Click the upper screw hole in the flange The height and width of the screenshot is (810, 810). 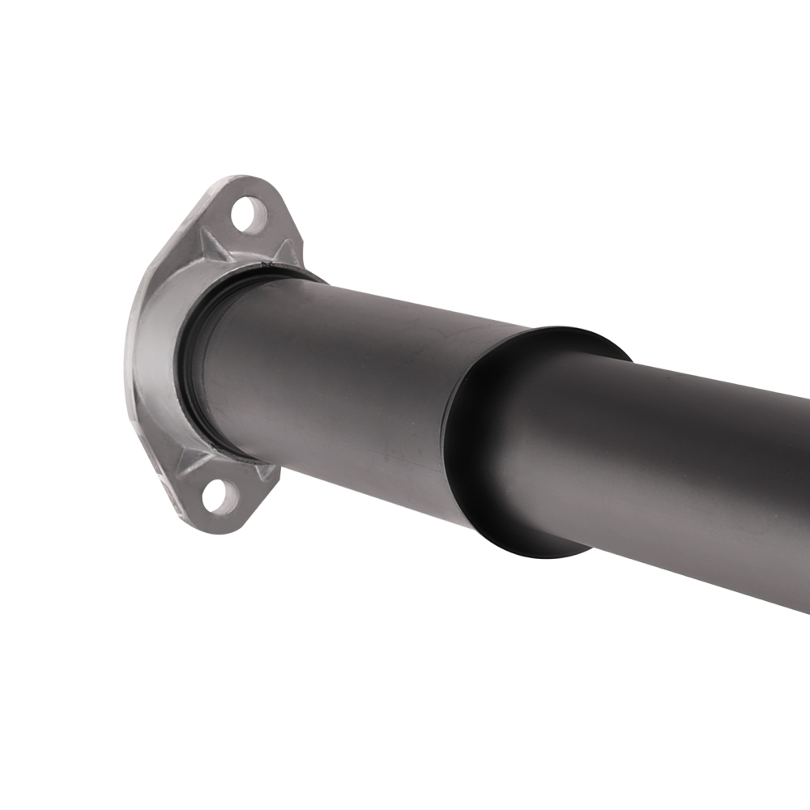tap(249, 215)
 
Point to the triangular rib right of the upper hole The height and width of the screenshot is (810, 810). tap(286, 248)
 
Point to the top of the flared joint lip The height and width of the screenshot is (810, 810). tap(567, 332)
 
